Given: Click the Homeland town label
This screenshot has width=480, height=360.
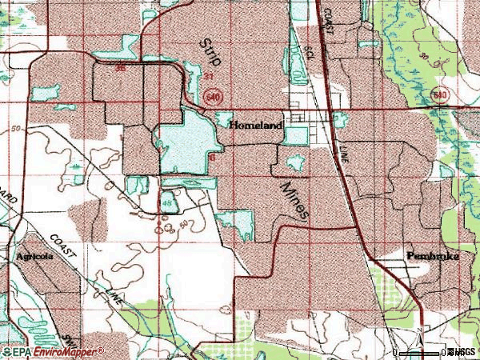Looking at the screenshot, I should pyautogui.click(x=256, y=126).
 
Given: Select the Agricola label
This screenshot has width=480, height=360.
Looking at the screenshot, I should pyautogui.click(x=33, y=257).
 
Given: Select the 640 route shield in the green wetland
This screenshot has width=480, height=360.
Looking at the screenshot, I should pyautogui.click(x=438, y=96).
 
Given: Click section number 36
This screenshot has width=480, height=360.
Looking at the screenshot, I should pyautogui.click(x=121, y=69).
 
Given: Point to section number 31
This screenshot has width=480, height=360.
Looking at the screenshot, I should pyautogui.click(x=207, y=77).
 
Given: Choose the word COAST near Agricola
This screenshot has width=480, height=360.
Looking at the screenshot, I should pyautogui.click(x=61, y=244).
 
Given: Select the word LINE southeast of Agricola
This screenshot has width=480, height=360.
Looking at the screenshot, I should pyautogui.click(x=115, y=296).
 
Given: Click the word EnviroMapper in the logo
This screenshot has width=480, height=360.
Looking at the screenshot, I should pyautogui.click(x=68, y=351).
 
